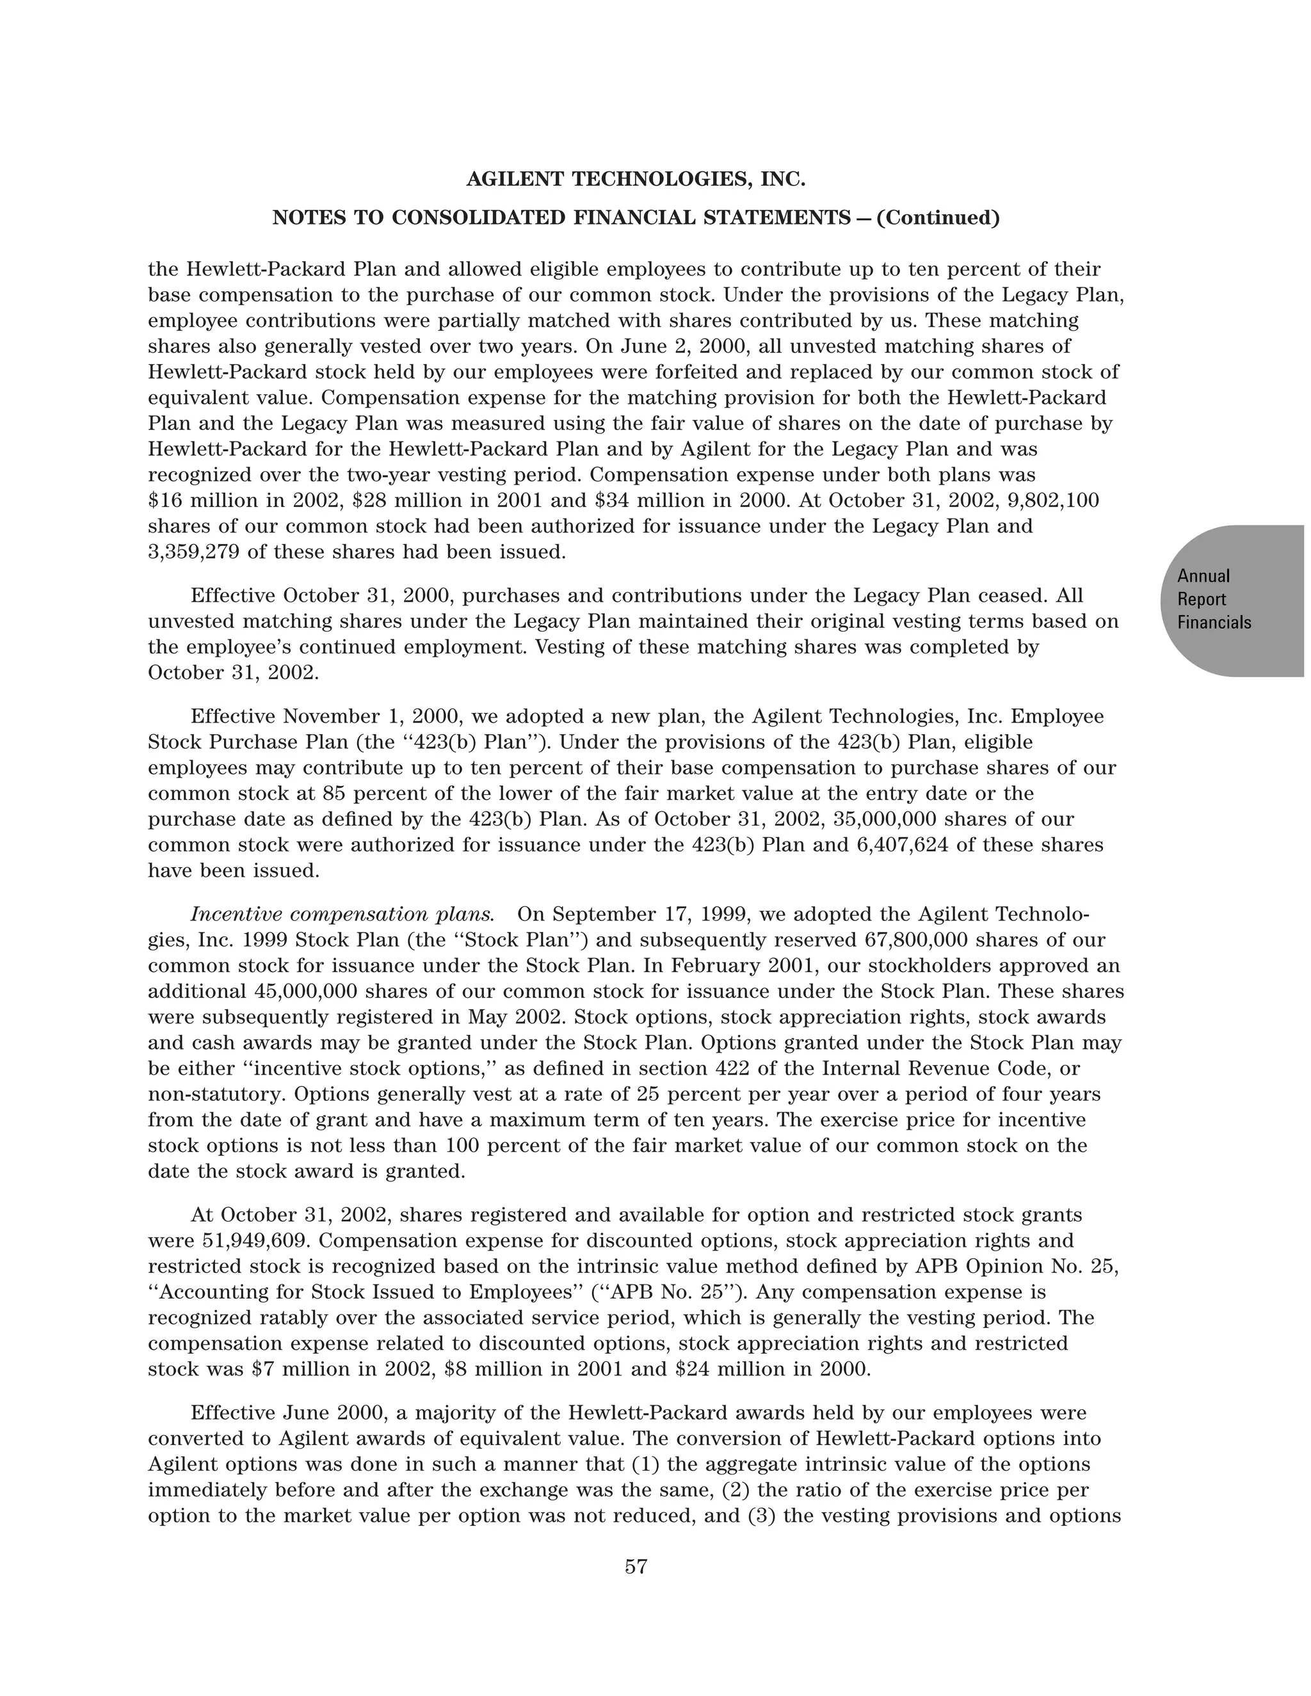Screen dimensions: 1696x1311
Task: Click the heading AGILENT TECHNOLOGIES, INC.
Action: [635, 179]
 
